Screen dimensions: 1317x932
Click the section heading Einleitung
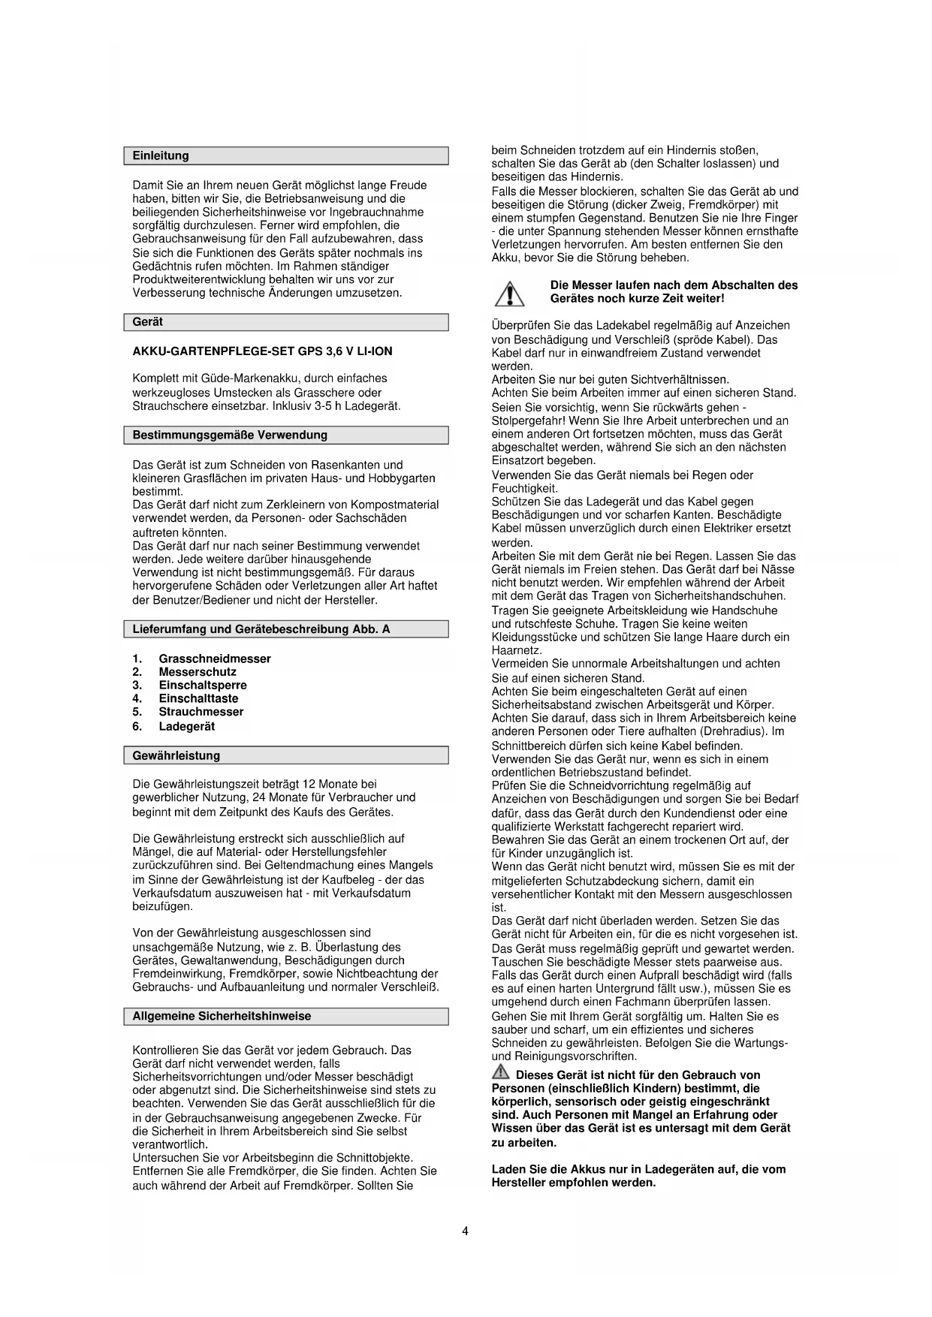tap(161, 156)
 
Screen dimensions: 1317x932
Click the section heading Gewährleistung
tap(176, 755)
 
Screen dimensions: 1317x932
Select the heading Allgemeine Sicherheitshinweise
tap(222, 1016)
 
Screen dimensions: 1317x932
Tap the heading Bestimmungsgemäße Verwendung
tap(230, 435)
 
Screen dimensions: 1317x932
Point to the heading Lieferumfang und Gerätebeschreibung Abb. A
tap(261, 629)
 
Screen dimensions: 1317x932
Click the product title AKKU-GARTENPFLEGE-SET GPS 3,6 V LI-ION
tap(262, 351)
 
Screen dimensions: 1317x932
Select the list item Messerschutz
tap(198, 672)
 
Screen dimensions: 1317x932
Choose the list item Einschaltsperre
tap(203, 685)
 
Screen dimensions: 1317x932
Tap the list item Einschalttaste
tap(198, 698)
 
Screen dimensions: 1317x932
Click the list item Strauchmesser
tap(201, 712)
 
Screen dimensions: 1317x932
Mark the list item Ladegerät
tap(187, 726)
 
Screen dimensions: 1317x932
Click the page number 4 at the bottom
tap(466, 1231)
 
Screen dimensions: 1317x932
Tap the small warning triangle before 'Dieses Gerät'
tap(500, 1073)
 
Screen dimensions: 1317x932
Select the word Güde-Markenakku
tap(237, 378)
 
